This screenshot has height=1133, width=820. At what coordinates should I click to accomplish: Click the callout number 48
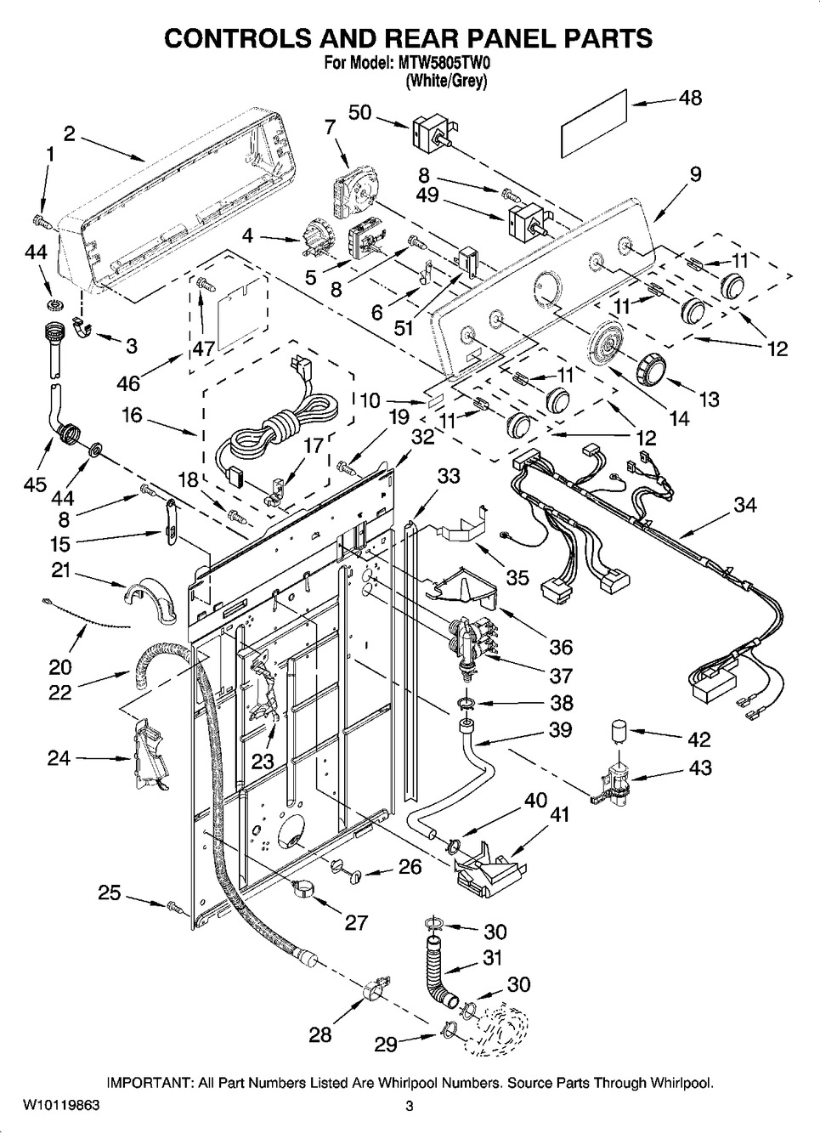pos(690,98)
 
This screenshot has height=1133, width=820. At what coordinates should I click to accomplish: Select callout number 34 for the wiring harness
pos(744,506)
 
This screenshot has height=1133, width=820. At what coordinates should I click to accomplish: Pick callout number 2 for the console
pos(69,133)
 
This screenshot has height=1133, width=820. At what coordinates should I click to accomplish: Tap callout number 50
pos(360,111)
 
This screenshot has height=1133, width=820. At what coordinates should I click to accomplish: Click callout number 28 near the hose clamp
pos(320,1034)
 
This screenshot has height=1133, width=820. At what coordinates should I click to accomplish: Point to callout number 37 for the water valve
pos(561,676)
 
